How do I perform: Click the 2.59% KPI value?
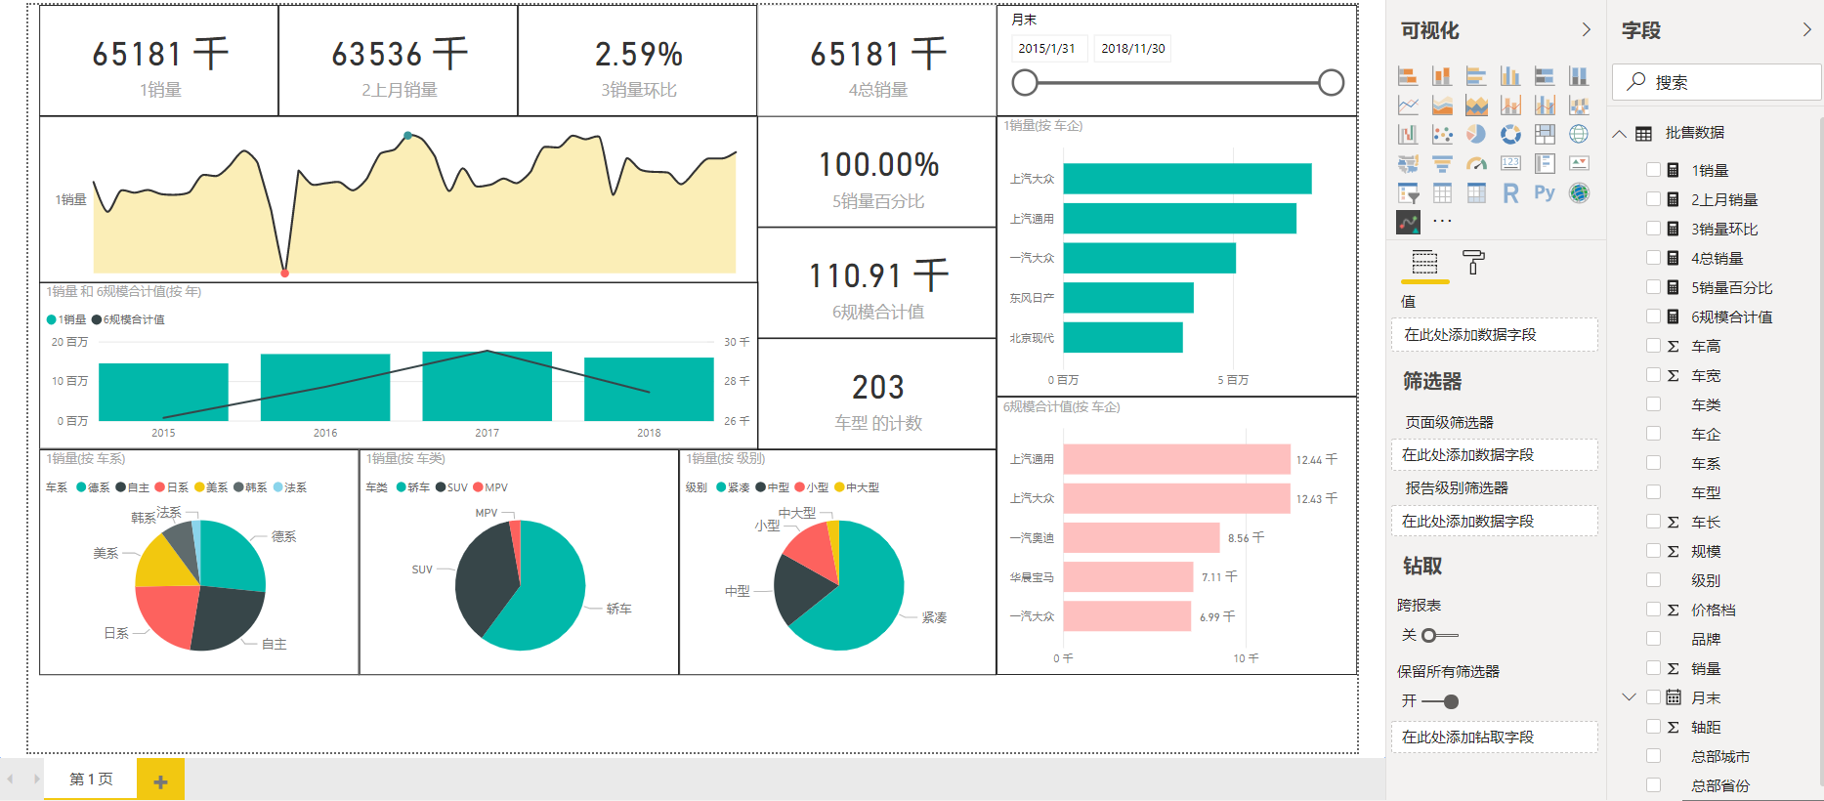[638, 55]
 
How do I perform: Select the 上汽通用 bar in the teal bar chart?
[1179, 219]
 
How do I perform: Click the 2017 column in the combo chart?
[487, 387]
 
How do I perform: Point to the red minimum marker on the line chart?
[284, 273]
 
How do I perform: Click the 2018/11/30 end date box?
[1132, 48]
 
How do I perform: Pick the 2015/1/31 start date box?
[1046, 48]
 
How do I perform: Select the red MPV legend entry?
[490, 487]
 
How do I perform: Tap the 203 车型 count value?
[877, 388]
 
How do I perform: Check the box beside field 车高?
[1653, 346]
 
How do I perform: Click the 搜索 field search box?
[1719, 83]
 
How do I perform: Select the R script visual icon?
[1510, 193]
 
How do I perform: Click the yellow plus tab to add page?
[160, 780]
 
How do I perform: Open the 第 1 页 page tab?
[91, 779]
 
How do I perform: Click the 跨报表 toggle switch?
[1439, 635]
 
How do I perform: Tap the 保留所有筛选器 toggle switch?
[1441, 701]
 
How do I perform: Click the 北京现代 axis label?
[1032, 338]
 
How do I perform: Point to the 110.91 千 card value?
[877, 276]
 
